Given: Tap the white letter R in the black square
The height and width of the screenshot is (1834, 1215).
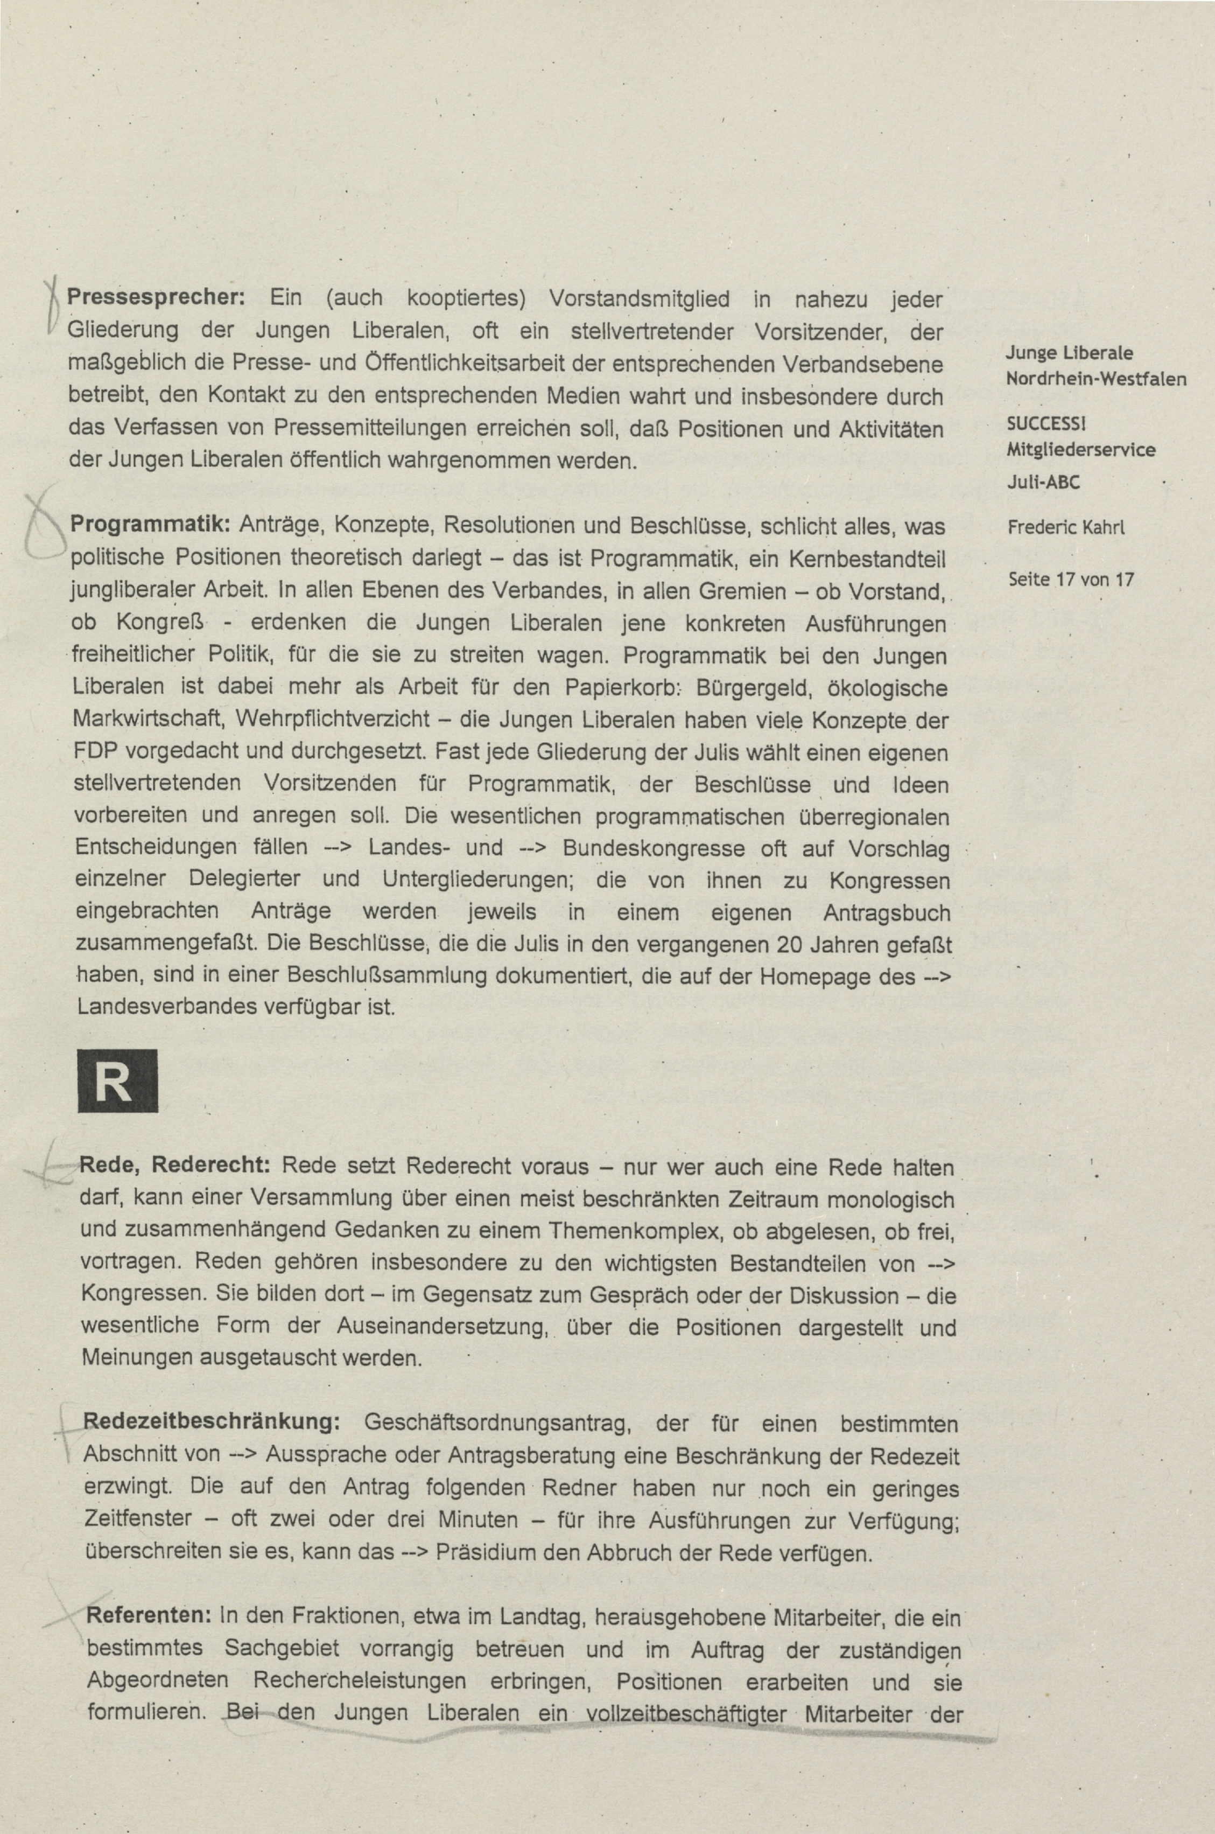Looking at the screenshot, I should (x=117, y=1082).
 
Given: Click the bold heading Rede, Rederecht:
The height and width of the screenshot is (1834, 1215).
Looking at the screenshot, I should (x=175, y=1165).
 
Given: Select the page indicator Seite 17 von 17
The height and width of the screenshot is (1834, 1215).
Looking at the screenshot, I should (x=1070, y=579).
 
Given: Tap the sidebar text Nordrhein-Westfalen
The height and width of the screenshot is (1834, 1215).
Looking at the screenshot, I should (x=1095, y=379).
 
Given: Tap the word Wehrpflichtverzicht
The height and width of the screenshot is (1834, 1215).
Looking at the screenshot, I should (x=333, y=720).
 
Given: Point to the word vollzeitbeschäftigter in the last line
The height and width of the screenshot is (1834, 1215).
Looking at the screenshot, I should (x=686, y=1712).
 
